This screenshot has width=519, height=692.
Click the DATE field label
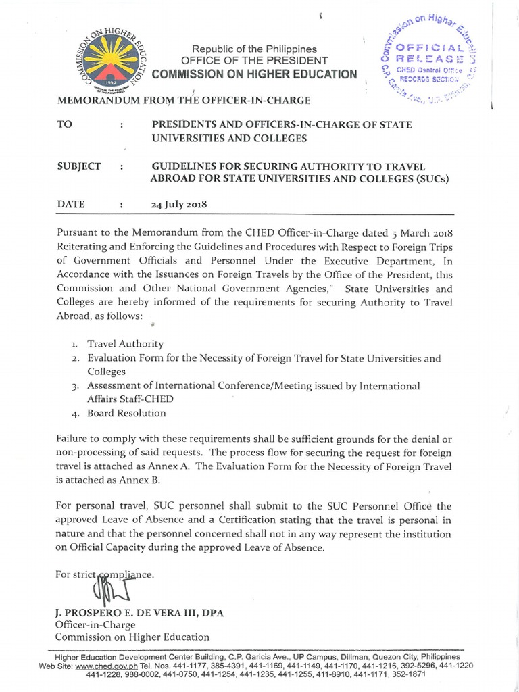[x=70, y=204]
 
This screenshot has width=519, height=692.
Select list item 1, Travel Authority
[x=124, y=344]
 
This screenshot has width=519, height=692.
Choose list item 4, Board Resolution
[x=126, y=413]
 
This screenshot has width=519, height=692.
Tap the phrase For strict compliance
[x=105, y=575]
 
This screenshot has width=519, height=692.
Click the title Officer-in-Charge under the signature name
[x=95, y=625]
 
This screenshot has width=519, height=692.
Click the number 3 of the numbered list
[x=76, y=387]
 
